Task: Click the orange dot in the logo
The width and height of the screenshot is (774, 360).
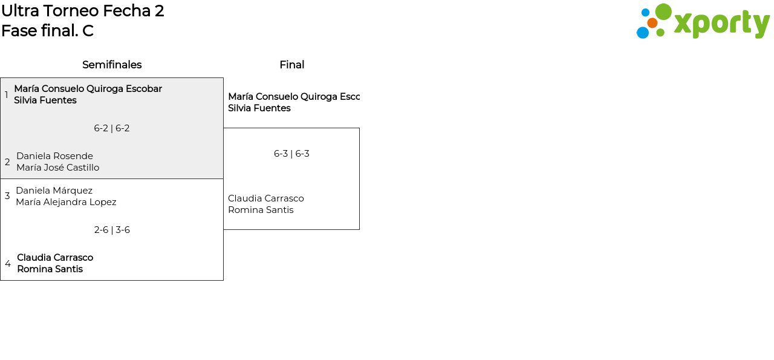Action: tap(652, 23)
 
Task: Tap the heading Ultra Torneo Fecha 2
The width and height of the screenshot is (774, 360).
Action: tap(83, 11)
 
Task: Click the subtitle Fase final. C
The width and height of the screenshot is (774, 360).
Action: tap(47, 31)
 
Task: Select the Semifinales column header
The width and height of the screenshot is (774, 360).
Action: tap(112, 65)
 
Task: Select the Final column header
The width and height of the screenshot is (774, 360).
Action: tap(291, 65)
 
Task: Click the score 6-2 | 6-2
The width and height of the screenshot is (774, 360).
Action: tap(112, 128)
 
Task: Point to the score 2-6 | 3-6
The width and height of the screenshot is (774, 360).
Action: tap(112, 230)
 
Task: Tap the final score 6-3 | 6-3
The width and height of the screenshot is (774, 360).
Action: tap(291, 154)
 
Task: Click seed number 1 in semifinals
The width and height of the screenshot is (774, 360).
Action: tap(7, 95)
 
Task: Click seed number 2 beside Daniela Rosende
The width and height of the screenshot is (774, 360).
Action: tap(7, 162)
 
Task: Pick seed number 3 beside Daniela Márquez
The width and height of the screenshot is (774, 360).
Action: tap(7, 196)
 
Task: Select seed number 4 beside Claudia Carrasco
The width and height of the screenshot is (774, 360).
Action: tap(8, 264)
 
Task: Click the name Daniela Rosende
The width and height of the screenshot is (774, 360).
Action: tap(54, 156)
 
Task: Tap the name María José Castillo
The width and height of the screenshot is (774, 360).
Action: tap(57, 168)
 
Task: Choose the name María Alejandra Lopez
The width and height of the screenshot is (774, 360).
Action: tap(66, 202)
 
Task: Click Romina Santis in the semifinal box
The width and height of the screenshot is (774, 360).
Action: tap(50, 269)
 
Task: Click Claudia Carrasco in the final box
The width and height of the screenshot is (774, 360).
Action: tap(265, 198)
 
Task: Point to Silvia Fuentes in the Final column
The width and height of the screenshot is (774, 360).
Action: tap(259, 108)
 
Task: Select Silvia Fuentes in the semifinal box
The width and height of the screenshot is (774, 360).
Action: tap(45, 100)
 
